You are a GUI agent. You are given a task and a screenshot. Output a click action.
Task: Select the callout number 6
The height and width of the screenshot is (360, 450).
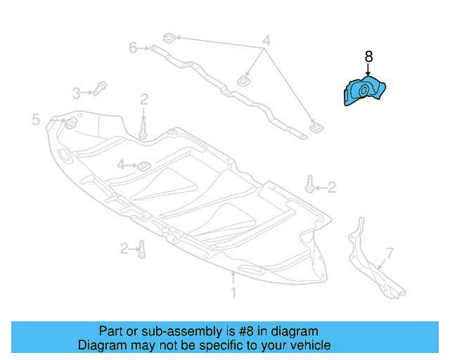[x=133, y=48]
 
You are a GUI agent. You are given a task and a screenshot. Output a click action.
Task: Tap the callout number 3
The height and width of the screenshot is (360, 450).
[x=77, y=92]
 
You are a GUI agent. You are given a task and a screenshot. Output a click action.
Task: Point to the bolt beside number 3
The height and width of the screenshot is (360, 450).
[x=99, y=90]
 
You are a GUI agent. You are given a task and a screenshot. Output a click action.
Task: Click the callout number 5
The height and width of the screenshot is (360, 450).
[x=36, y=120]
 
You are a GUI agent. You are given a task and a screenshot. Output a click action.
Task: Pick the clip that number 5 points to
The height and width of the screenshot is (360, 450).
[x=70, y=124]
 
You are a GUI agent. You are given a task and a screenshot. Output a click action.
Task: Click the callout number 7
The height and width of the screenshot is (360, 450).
[x=390, y=253]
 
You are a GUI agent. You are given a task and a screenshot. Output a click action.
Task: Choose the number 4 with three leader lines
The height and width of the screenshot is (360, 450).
[x=266, y=40]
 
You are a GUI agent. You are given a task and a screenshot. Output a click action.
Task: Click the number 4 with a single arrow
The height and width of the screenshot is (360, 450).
[x=121, y=165]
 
